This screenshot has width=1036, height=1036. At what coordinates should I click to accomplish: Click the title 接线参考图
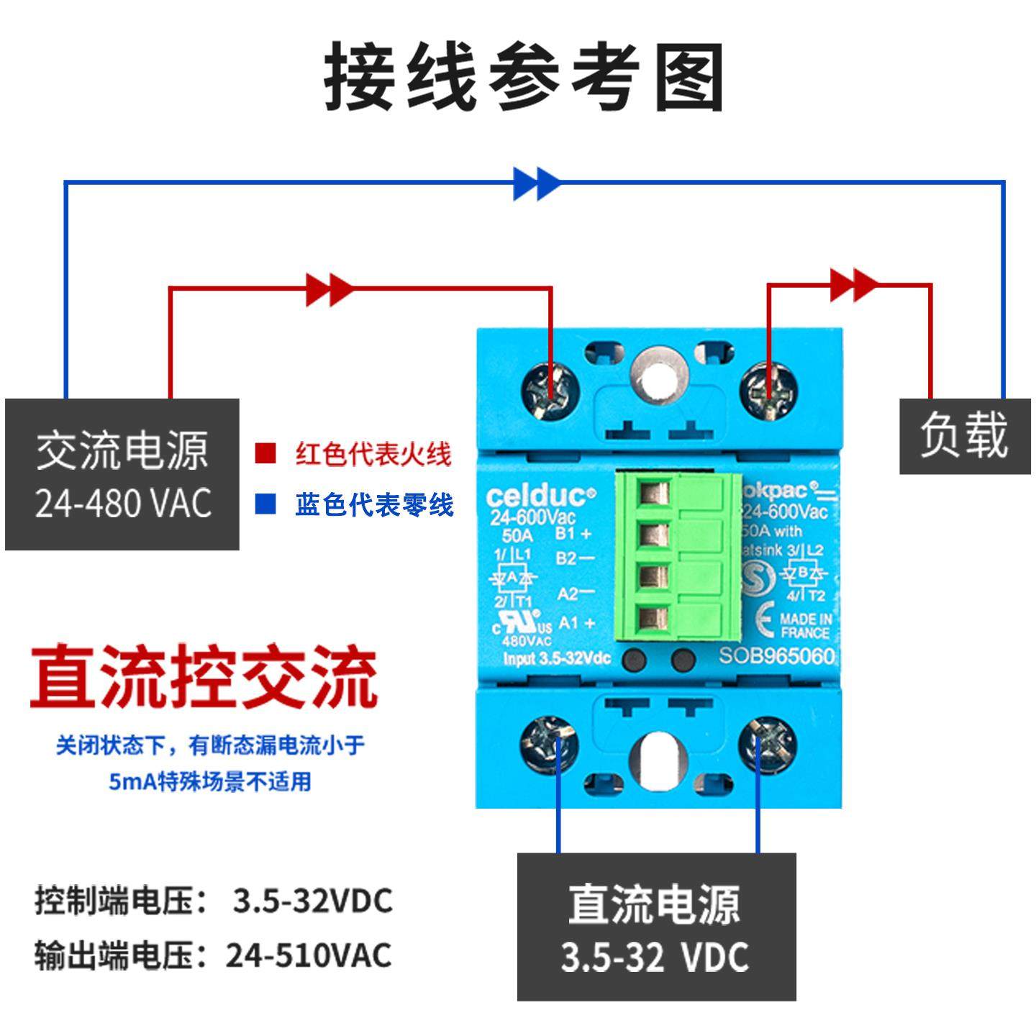(524, 77)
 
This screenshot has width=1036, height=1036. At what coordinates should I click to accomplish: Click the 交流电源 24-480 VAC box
(122, 474)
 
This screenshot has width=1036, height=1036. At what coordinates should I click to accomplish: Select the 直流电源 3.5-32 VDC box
(656, 927)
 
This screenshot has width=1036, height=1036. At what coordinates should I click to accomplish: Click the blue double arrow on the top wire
(537, 183)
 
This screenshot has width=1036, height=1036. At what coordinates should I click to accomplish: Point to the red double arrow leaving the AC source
(330, 289)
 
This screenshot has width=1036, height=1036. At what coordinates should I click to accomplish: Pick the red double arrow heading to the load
(854, 285)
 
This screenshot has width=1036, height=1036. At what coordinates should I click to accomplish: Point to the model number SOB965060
(777, 655)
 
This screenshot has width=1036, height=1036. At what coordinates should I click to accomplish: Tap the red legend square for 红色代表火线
(265, 454)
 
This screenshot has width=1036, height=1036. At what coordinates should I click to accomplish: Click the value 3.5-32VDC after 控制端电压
(313, 901)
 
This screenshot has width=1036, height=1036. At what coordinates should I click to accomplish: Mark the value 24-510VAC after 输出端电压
(309, 955)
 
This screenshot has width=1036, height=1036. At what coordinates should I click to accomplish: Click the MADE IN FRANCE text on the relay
(805, 625)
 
